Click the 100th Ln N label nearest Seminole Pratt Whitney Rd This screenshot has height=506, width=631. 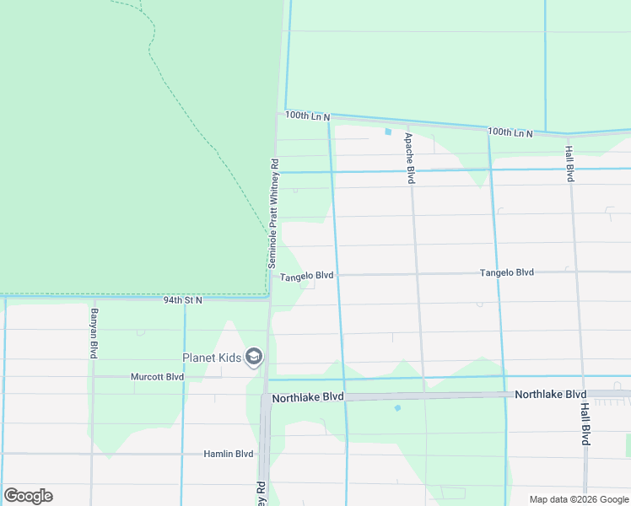click(x=307, y=116)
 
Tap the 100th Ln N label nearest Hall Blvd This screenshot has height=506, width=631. click(x=510, y=132)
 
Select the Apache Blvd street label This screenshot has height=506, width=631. click(x=409, y=158)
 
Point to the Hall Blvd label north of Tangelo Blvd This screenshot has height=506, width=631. click(x=569, y=163)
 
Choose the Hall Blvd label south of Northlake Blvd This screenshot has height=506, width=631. click(x=585, y=423)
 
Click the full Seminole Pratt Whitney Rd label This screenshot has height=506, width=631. click(x=273, y=213)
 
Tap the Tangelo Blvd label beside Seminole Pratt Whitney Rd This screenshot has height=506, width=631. click(x=307, y=276)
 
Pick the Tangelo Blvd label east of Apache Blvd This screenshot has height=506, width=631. click(x=507, y=272)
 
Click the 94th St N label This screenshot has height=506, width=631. click(x=183, y=299)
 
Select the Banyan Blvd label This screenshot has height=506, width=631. click(x=93, y=334)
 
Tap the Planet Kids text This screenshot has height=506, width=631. click(x=211, y=358)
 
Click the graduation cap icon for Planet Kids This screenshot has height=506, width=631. click(x=253, y=358)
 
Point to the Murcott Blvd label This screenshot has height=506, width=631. click(x=157, y=376)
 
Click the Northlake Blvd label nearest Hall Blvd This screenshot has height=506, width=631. click(x=550, y=394)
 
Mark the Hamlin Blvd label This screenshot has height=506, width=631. click(x=228, y=454)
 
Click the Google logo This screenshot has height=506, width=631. click(x=28, y=496)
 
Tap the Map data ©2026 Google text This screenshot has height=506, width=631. click(x=578, y=499)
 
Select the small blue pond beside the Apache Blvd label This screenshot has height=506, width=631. click(x=388, y=132)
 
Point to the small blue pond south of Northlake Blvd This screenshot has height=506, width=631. click(x=396, y=408)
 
